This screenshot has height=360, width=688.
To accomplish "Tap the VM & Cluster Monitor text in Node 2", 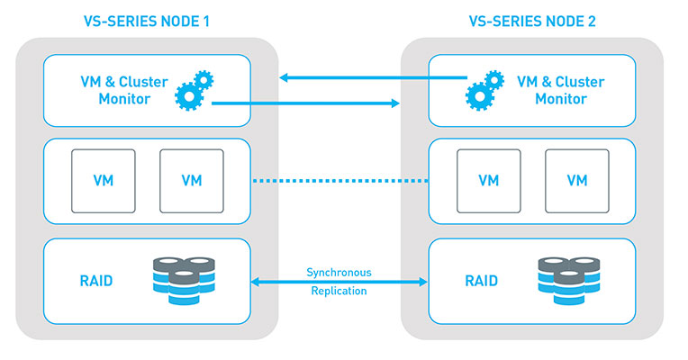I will [560, 90].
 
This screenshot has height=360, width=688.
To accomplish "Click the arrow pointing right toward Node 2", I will [306, 103].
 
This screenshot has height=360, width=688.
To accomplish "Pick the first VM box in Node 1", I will [104, 180].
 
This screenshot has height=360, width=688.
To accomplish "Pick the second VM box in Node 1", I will [191, 180].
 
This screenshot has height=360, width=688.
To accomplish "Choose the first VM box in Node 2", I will [487, 180].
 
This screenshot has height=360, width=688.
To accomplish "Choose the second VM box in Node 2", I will [576, 180].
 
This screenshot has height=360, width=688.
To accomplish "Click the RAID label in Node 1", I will [96, 281].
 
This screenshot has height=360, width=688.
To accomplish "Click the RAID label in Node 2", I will [481, 281].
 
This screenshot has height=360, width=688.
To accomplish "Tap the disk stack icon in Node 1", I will [184, 281].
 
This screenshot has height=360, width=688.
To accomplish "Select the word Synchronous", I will [338, 272].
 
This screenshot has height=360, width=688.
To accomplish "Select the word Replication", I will [338, 292].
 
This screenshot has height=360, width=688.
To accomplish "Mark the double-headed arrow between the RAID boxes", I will [338, 282].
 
